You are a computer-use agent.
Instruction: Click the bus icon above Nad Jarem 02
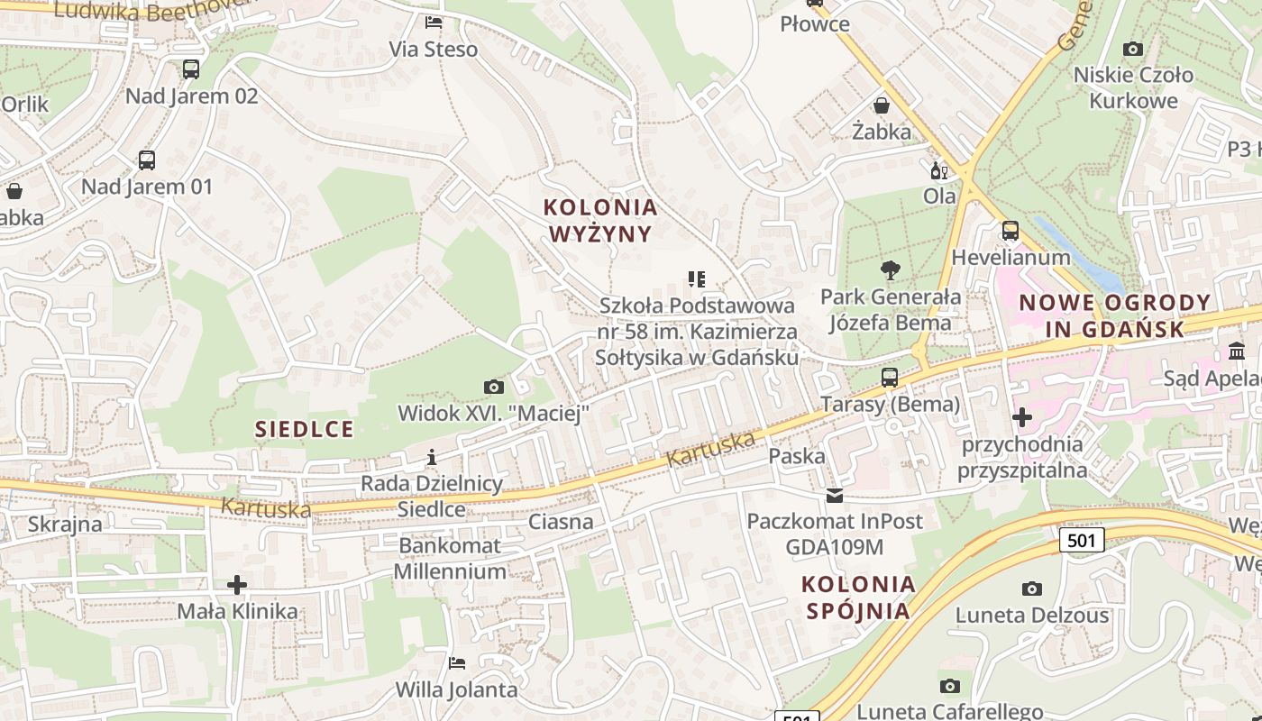(191, 69)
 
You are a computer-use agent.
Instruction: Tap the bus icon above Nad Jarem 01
(147, 160)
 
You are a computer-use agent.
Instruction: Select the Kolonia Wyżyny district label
(600, 221)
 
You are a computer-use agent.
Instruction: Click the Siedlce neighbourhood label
(304, 429)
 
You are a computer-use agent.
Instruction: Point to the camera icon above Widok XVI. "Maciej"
(494, 388)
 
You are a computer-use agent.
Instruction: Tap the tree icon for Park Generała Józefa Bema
(891, 269)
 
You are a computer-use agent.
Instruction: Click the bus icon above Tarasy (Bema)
(890, 378)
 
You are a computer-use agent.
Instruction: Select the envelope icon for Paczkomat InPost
(835, 496)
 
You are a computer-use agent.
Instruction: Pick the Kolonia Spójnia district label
(858, 598)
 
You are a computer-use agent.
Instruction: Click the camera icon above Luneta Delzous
(1032, 589)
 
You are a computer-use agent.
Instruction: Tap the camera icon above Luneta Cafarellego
(949, 686)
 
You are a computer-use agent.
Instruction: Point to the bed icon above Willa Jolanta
(457, 663)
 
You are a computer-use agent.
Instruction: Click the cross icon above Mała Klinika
(237, 585)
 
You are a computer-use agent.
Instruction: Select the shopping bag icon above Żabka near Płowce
(882, 105)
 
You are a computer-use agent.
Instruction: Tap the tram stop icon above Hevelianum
(1011, 231)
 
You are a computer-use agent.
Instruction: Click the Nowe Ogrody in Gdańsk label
(1115, 315)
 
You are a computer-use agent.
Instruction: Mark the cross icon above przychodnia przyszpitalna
(1022, 417)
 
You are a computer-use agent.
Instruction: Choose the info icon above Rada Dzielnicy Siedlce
(432, 457)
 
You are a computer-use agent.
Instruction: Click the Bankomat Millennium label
(450, 559)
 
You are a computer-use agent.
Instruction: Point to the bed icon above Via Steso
(434, 23)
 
